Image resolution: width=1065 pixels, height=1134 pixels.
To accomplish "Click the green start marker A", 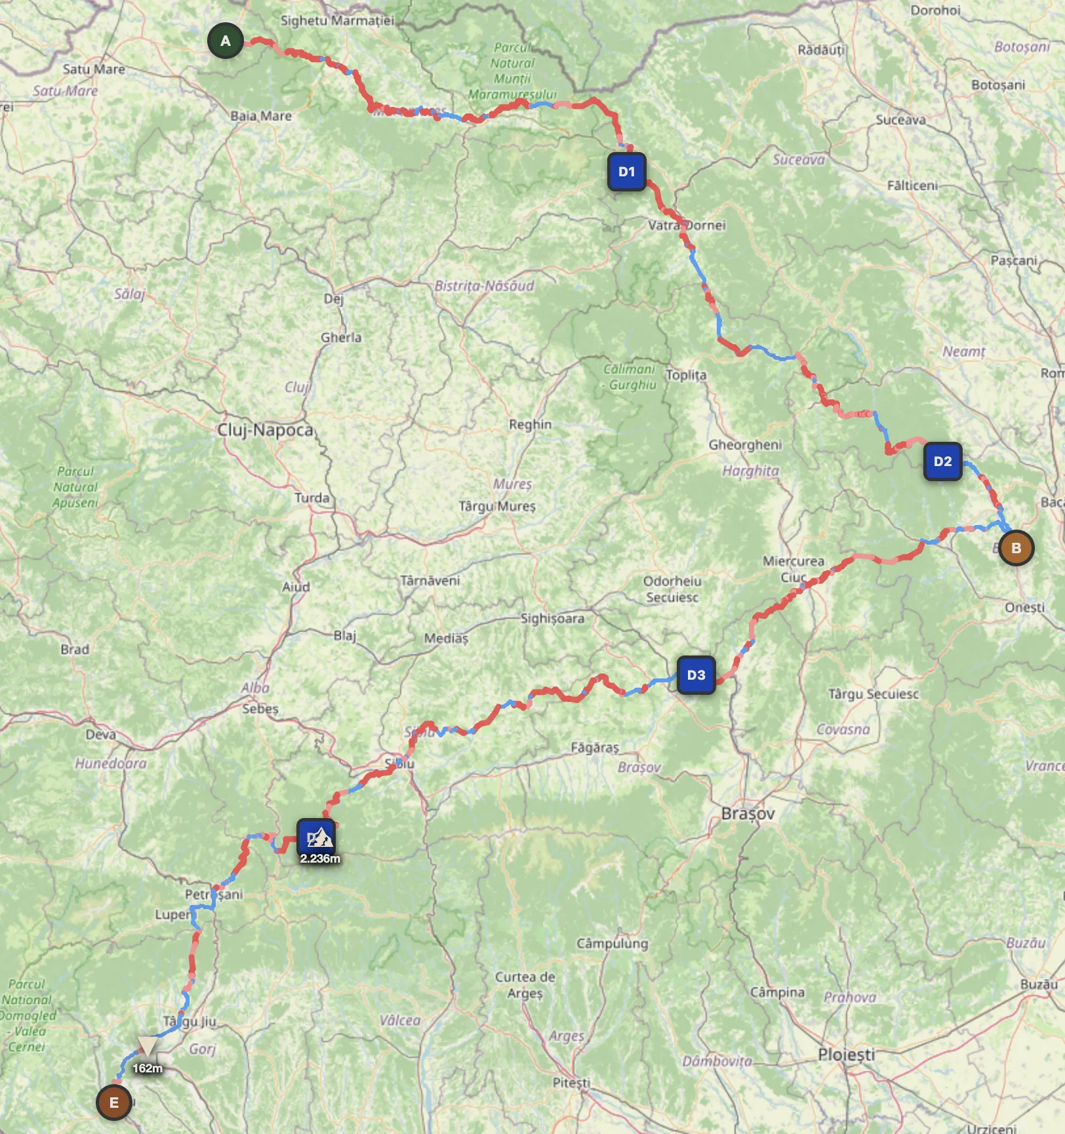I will tap(226, 41).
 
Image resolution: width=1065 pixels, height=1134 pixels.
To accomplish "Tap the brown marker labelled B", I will tap(1016, 548).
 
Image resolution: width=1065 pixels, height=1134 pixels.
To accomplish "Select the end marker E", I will tap(114, 1103).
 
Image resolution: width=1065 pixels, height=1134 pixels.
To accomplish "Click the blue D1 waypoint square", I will tap(627, 172).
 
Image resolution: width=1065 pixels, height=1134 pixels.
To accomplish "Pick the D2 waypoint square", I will tap(942, 461).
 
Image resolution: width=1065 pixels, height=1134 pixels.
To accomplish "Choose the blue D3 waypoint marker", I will tap(696, 675).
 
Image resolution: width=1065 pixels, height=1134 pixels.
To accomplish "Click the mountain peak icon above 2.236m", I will tap(319, 837).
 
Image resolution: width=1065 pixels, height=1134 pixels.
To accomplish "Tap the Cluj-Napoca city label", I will tap(266, 430).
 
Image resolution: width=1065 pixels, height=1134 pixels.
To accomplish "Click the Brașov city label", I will tap(748, 813).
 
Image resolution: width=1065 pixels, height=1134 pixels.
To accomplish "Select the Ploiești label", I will tap(846, 1055).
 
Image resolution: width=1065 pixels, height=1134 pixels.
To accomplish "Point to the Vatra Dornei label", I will tap(687, 225).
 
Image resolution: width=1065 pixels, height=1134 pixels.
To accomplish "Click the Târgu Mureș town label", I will tap(497, 506).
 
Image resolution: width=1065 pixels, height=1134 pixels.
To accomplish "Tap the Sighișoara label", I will tap(552, 618).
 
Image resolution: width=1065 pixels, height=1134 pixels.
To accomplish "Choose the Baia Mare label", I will tap(261, 116).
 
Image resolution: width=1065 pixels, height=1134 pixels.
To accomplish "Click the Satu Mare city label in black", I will tap(94, 69).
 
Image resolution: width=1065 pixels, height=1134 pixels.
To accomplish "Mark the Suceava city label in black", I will tap(901, 119).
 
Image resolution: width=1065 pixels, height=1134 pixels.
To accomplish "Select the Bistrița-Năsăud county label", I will tap(484, 286).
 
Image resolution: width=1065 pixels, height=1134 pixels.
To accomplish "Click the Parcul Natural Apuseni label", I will tap(76, 487).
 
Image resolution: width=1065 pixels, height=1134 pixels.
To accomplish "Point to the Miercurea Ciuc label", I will tap(793, 569).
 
